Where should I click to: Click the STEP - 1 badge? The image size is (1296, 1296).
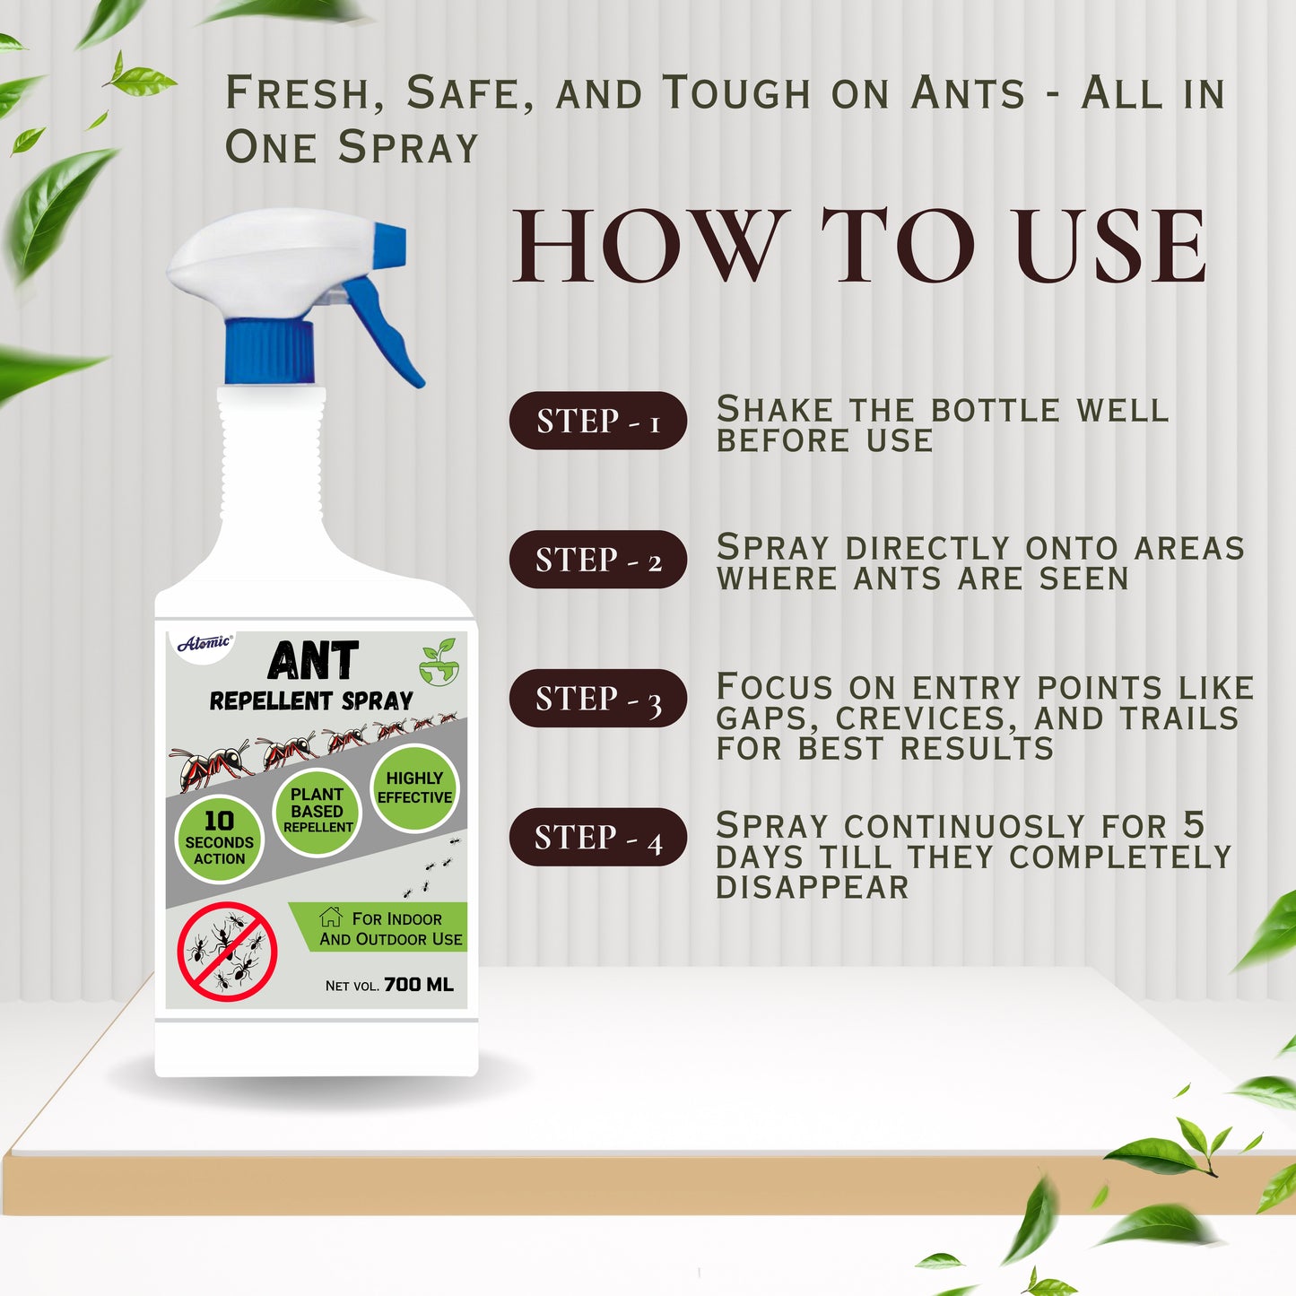click(x=598, y=421)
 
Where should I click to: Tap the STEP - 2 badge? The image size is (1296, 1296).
click(x=598, y=560)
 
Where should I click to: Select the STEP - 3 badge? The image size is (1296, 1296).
click(x=598, y=698)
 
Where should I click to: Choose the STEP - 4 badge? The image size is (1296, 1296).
click(x=598, y=837)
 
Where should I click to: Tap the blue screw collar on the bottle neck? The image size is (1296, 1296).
click(x=270, y=351)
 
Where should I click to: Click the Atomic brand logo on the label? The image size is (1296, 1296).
click(x=204, y=642)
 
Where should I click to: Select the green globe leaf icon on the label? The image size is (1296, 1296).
click(x=439, y=662)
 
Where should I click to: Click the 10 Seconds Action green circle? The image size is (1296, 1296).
click(x=219, y=839)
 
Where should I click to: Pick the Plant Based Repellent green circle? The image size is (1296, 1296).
click(x=317, y=810)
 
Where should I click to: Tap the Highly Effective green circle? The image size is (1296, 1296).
click(x=414, y=787)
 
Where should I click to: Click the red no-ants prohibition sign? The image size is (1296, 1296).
click(x=227, y=952)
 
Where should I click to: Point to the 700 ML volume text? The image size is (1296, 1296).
click(x=418, y=985)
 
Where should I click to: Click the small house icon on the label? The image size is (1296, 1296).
click(x=331, y=917)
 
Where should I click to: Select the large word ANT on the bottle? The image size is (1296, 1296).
click(x=313, y=662)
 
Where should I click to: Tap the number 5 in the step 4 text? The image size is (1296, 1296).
click(x=1193, y=824)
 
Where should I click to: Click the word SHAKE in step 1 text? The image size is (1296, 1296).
click(x=775, y=410)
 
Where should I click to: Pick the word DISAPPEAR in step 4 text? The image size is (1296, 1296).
click(x=813, y=887)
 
